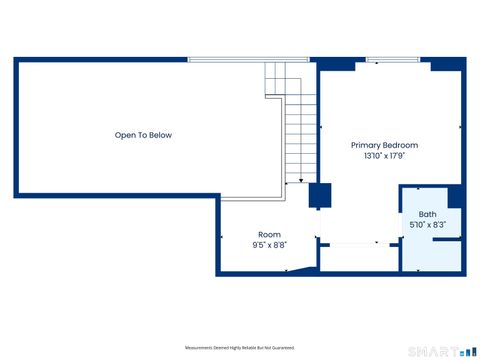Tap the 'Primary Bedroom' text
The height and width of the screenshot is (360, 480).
click(x=383, y=145)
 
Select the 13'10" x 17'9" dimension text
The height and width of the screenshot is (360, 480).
click(x=383, y=156)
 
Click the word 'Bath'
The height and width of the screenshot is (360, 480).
click(x=427, y=214)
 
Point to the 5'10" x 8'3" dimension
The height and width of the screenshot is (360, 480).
click(x=427, y=225)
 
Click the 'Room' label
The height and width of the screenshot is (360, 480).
click(x=269, y=234)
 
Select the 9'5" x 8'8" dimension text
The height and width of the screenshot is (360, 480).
click(x=269, y=245)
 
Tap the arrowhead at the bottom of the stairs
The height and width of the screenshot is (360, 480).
click(x=301, y=179)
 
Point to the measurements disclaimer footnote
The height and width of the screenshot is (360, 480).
click(x=239, y=347)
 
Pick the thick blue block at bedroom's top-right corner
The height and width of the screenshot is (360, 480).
click(x=447, y=64)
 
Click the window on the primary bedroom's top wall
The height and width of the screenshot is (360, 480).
click(x=391, y=60)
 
